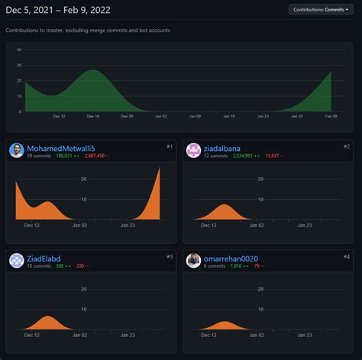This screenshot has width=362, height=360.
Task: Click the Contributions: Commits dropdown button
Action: (321, 9)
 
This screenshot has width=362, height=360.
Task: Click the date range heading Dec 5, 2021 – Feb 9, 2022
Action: (67, 9)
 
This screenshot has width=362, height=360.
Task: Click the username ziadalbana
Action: (227, 148)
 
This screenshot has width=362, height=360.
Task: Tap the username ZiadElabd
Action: (48, 259)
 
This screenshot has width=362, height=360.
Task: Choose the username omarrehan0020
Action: (231, 259)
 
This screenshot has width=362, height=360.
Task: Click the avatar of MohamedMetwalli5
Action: (16, 150)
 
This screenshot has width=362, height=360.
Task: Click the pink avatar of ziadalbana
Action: (193, 150)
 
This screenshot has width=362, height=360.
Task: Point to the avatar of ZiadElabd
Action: (16, 261)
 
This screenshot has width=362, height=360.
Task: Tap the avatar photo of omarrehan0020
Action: (193, 261)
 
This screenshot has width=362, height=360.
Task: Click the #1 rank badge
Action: (170, 146)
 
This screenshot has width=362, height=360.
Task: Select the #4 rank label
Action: (347, 256)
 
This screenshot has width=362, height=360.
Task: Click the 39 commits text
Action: (39, 156)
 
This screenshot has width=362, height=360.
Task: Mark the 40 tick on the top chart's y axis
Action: (19, 50)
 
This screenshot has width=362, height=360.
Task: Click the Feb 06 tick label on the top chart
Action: (330, 117)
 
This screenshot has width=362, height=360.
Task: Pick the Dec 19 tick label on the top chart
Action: (92, 117)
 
